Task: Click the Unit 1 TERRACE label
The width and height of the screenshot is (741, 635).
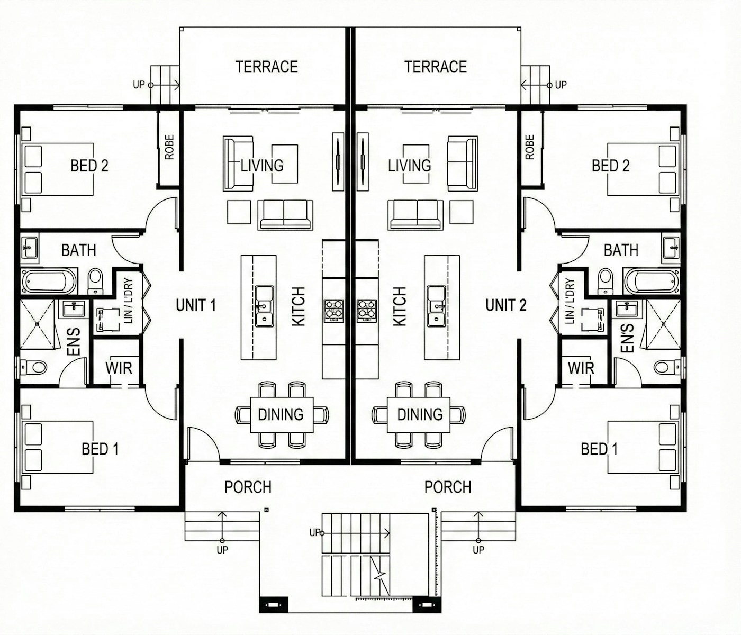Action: [266, 67]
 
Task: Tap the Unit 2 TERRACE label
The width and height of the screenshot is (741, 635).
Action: [435, 67]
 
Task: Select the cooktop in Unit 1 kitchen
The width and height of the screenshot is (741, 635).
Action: [333, 311]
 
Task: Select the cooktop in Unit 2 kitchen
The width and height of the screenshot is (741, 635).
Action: [367, 311]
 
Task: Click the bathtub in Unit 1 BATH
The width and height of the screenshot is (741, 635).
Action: [49, 282]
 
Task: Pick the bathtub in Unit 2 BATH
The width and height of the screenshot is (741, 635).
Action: [651, 282]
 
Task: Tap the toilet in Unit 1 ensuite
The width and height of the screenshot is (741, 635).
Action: [34, 366]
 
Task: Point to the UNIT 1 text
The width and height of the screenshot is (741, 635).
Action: [195, 305]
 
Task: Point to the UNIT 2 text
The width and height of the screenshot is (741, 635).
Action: [505, 305]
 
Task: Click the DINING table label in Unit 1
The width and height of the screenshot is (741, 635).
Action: [281, 414]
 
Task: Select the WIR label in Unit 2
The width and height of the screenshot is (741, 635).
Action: [581, 368]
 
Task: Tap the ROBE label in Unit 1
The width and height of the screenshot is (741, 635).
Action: [169, 147]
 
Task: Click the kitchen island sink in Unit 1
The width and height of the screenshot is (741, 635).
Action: [264, 307]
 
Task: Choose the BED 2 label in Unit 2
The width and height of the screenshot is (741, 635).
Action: [610, 166]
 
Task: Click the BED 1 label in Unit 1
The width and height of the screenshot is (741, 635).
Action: [100, 449]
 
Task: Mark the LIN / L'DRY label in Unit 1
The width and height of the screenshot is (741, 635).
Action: [129, 301]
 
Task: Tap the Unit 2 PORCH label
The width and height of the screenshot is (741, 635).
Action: [448, 487]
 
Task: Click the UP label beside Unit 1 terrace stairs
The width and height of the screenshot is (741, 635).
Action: [139, 85]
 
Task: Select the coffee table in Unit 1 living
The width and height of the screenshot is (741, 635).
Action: [285, 164]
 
